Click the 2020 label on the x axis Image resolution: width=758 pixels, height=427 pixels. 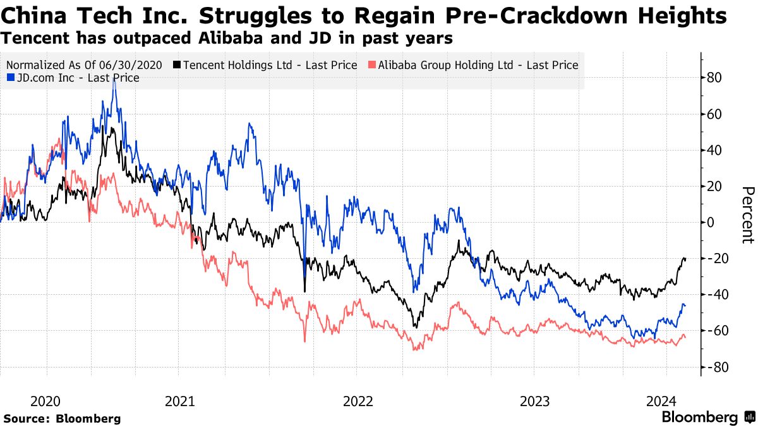click(x=45, y=401)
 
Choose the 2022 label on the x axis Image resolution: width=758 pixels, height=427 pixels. click(x=358, y=401)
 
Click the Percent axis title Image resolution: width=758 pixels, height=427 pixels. click(x=747, y=214)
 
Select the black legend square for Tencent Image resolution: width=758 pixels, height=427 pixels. click(x=177, y=65)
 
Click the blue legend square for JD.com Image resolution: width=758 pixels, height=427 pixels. click(x=10, y=78)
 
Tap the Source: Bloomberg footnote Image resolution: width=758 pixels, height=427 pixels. click(x=62, y=419)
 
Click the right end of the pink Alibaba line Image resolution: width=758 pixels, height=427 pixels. click(x=685, y=338)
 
